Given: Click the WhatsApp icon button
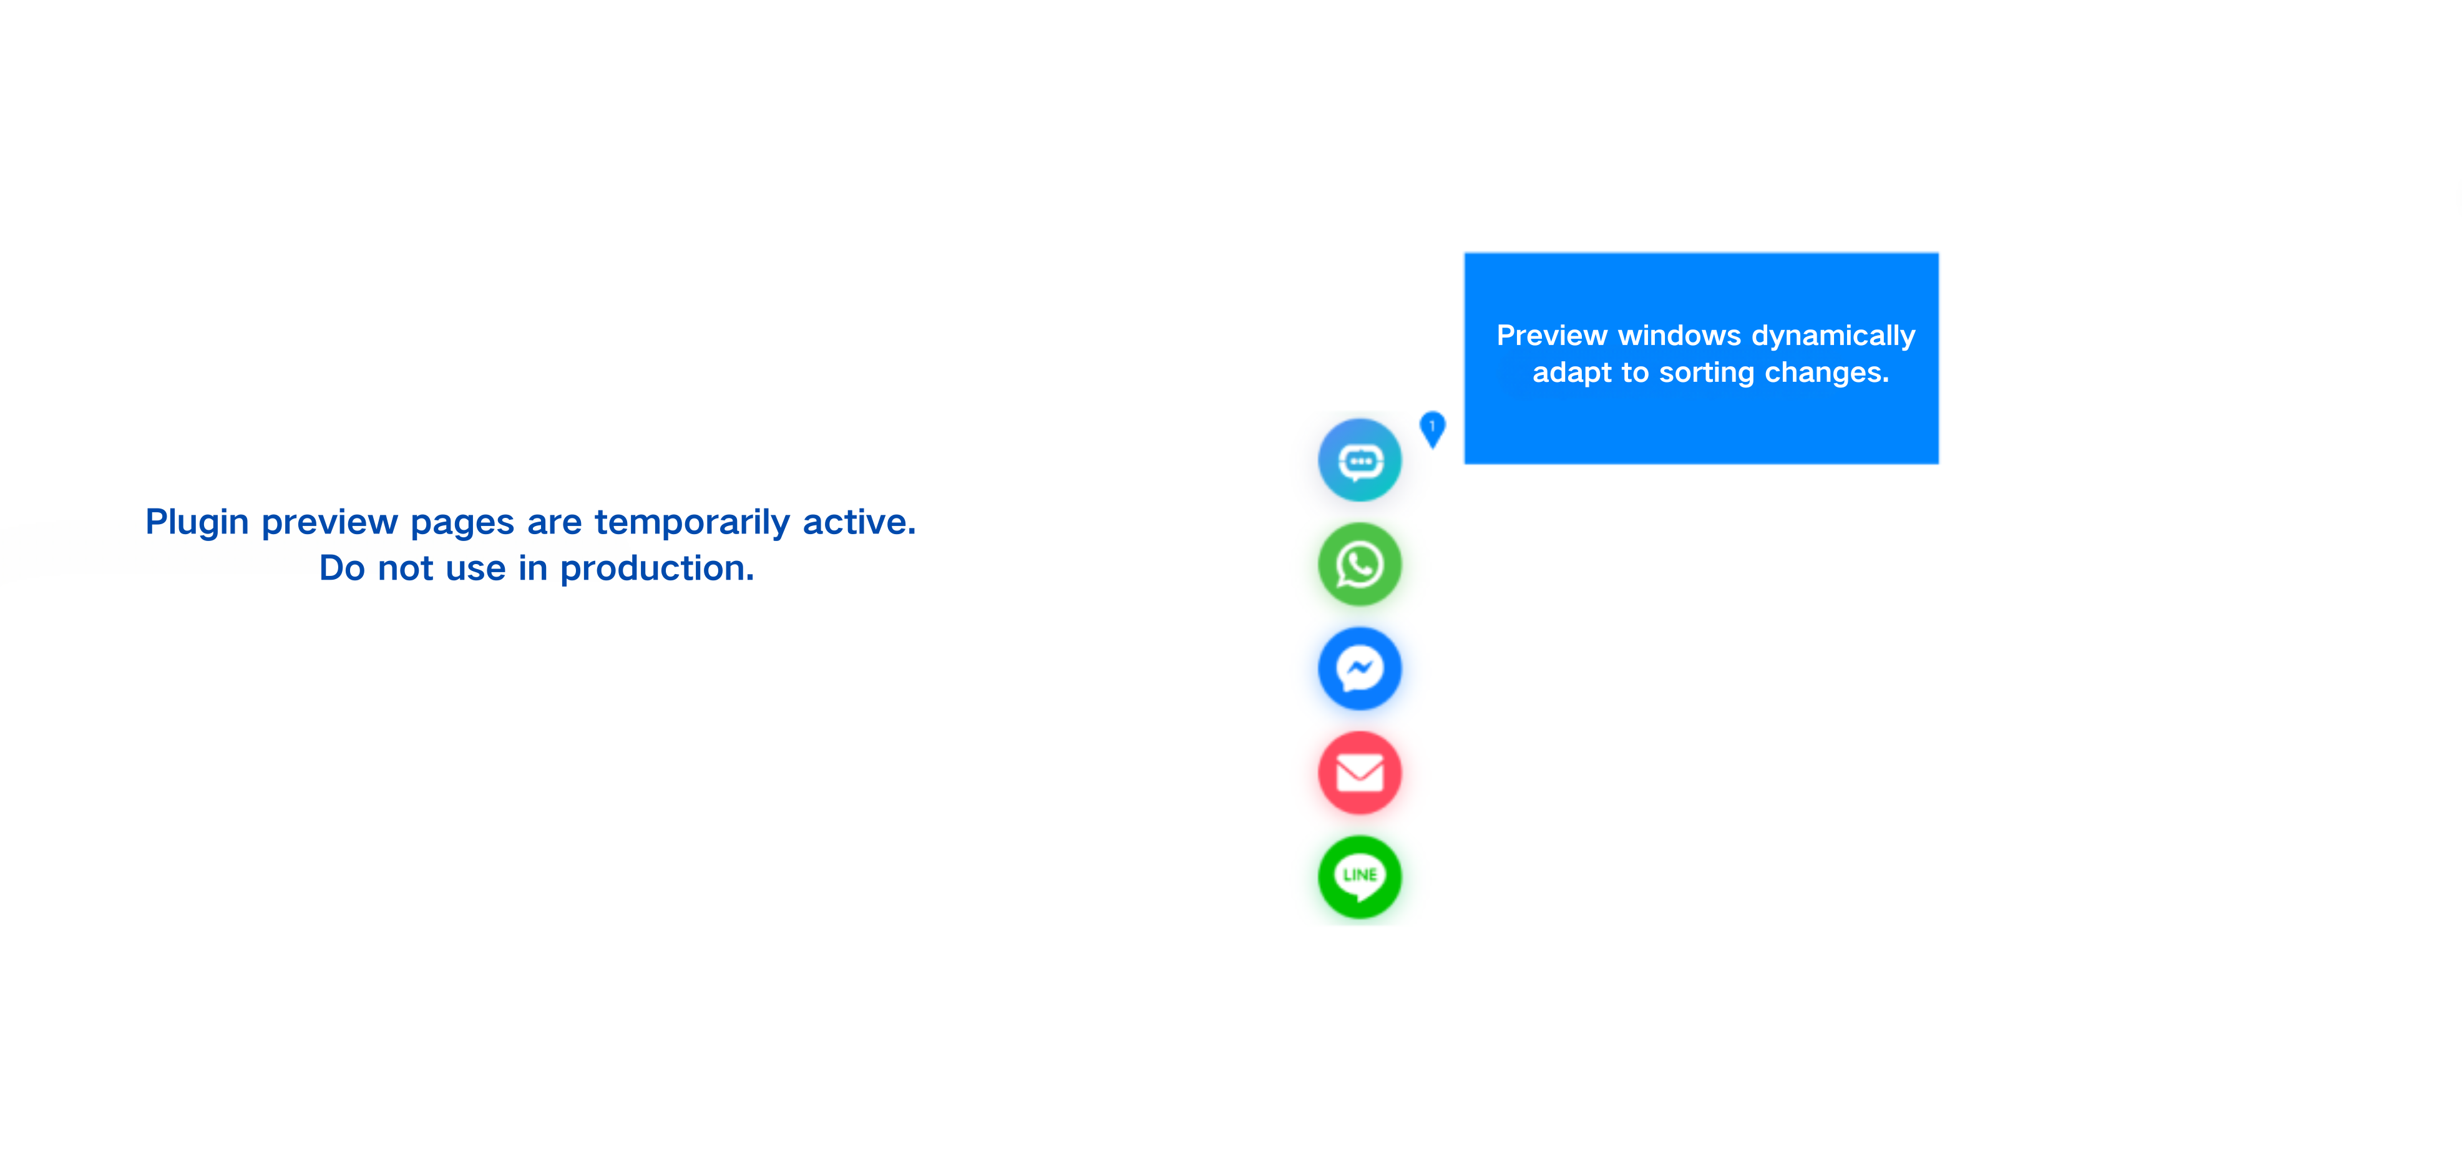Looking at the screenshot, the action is pyautogui.click(x=1360, y=564).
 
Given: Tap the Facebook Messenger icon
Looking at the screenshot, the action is pyautogui.click(x=1360, y=668).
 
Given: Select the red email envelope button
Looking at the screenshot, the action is pyautogui.click(x=1360, y=773).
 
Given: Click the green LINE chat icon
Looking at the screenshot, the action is pyautogui.click(x=1360, y=877).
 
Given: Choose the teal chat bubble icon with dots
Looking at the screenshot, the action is pyautogui.click(x=1360, y=460).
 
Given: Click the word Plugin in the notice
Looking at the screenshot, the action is pyautogui.click(x=197, y=523).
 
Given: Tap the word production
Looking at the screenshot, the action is pyautogui.click(x=657, y=570).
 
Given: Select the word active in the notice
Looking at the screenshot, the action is pyautogui.click(x=859, y=522).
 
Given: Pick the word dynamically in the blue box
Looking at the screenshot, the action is pyautogui.click(x=1834, y=336).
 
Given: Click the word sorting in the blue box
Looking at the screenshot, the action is pyautogui.click(x=1707, y=373).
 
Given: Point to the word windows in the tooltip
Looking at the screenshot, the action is pyautogui.click(x=1680, y=336).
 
